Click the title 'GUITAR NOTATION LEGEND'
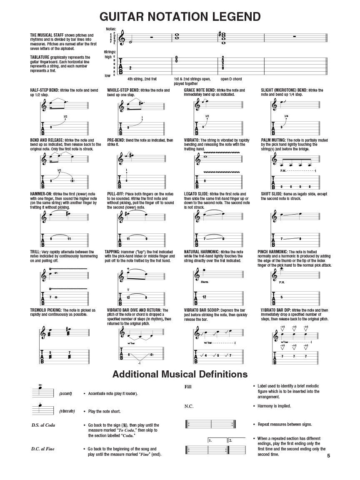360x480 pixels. pyautogui.click(x=180, y=17)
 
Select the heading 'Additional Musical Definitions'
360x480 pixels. pyautogui.click(x=180, y=374)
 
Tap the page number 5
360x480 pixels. pyautogui.click(x=329, y=455)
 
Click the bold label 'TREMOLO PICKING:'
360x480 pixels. pyautogui.click(x=45, y=310)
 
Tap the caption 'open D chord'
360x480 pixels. pyautogui.click(x=231, y=79)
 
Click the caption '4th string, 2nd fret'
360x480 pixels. pyautogui.click(x=142, y=79)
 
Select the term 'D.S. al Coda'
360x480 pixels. pyautogui.click(x=43, y=425)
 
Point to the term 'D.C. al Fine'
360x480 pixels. pyautogui.click(x=42, y=449)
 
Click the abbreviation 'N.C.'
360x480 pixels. pyautogui.click(x=189, y=406)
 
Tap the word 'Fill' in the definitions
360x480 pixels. pyautogui.click(x=188, y=387)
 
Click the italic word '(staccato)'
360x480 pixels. pyautogui.click(x=67, y=411)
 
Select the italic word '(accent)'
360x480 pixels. pyautogui.click(x=65, y=393)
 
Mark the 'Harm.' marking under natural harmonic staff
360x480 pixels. pyautogui.click(x=204, y=282)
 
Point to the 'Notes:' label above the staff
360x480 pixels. pyautogui.click(x=110, y=29)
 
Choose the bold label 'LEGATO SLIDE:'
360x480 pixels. pyautogui.click(x=196, y=194)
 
